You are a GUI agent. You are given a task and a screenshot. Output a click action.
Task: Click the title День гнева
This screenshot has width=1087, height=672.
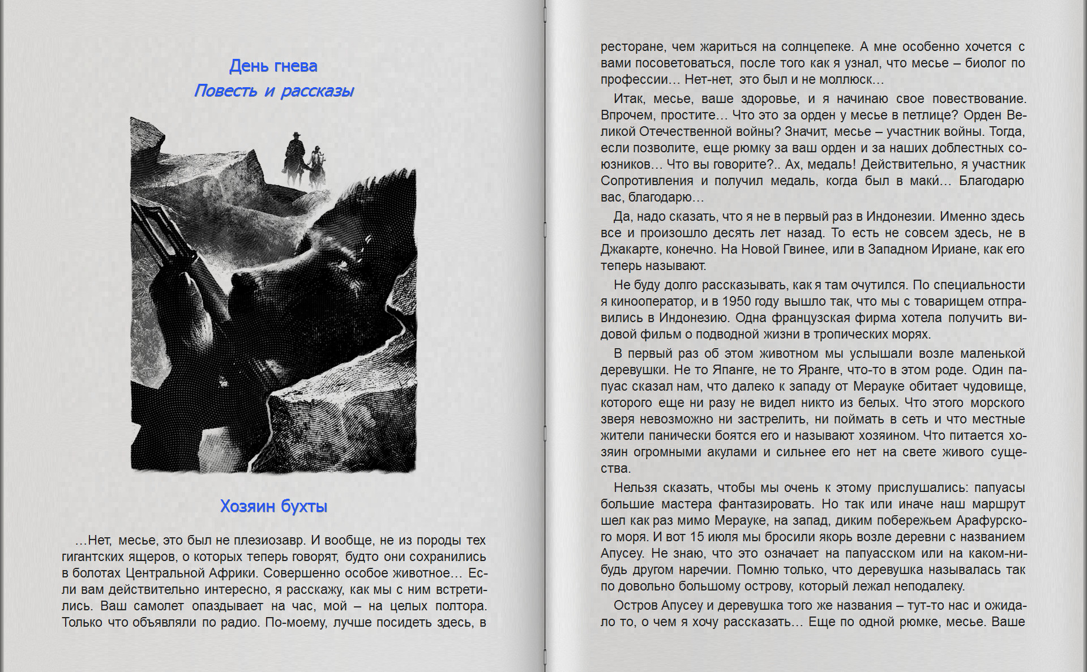[273, 66]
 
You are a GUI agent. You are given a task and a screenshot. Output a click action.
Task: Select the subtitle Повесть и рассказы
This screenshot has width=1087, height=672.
[273, 91]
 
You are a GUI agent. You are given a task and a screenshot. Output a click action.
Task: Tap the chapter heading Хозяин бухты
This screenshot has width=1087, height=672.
[273, 506]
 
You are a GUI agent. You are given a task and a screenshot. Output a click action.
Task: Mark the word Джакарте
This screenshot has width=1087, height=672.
[628, 250]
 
